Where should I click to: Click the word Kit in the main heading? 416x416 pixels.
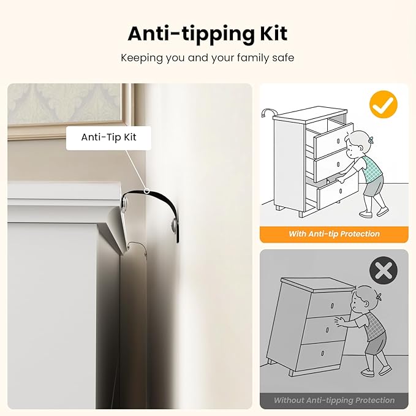click(x=274, y=34)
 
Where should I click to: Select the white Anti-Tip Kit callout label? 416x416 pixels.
click(x=108, y=138)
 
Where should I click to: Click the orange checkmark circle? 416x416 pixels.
click(x=384, y=105)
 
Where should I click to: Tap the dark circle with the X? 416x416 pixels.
click(x=384, y=271)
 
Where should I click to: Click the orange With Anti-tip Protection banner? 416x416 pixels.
click(x=334, y=234)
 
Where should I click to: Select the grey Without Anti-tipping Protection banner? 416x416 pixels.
click(x=334, y=401)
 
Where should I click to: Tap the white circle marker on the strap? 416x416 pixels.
click(x=146, y=191)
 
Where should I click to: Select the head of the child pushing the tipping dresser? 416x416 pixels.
click(x=364, y=299)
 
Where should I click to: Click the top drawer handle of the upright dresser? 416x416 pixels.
click(x=338, y=140)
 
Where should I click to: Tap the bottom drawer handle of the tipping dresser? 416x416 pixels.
click(x=323, y=353)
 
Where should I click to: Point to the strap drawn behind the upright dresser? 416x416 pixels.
click(x=268, y=112)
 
